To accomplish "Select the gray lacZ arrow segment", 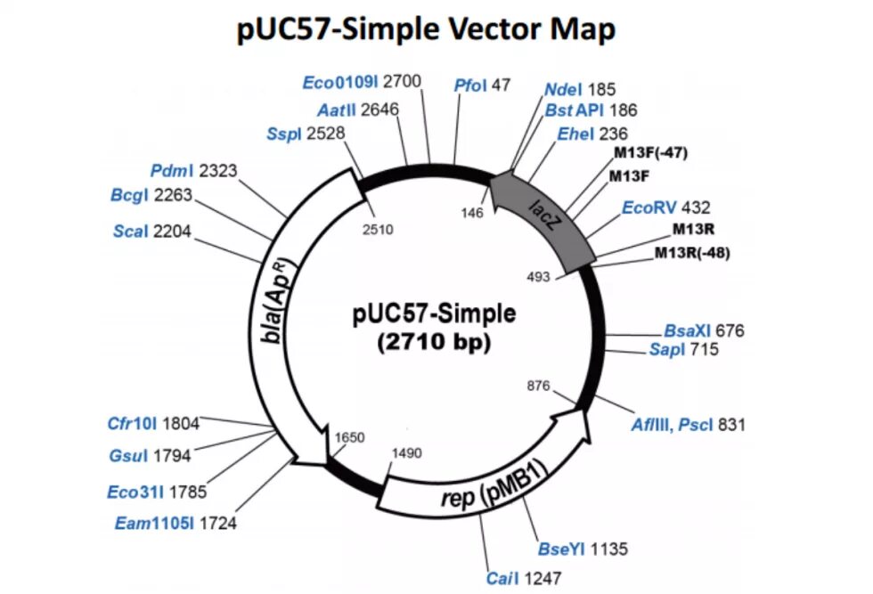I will click(543, 214).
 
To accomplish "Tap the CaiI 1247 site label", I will click(523, 578).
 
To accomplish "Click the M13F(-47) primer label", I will click(651, 152).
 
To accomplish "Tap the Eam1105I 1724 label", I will click(175, 523).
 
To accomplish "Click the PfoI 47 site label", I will click(482, 85).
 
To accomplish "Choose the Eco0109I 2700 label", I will click(361, 82).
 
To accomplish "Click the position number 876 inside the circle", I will click(539, 386).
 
